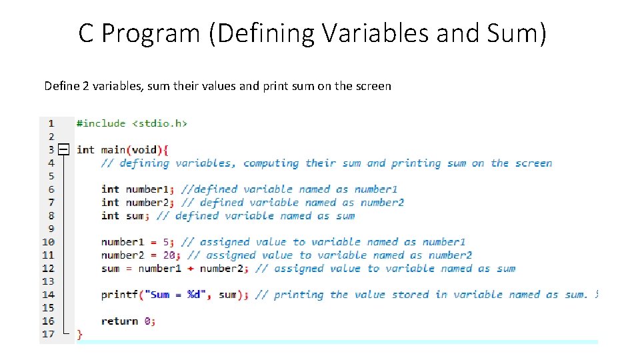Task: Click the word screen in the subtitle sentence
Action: click(x=371, y=86)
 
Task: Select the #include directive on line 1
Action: click(x=101, y=123)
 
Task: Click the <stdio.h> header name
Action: click(x=159, y=123)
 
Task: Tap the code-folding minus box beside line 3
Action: click(x=63, y=150)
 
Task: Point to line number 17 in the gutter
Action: click(x=48, y=334)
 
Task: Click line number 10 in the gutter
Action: click(x=48, y=242)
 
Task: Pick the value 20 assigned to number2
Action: click(x=172, y=255)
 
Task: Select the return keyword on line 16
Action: click(x=119, y=321)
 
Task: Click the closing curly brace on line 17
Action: click(x=80, y=334)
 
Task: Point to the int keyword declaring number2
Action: click(x=110, y=203)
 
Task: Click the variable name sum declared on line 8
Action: click(x=135, y=216)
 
